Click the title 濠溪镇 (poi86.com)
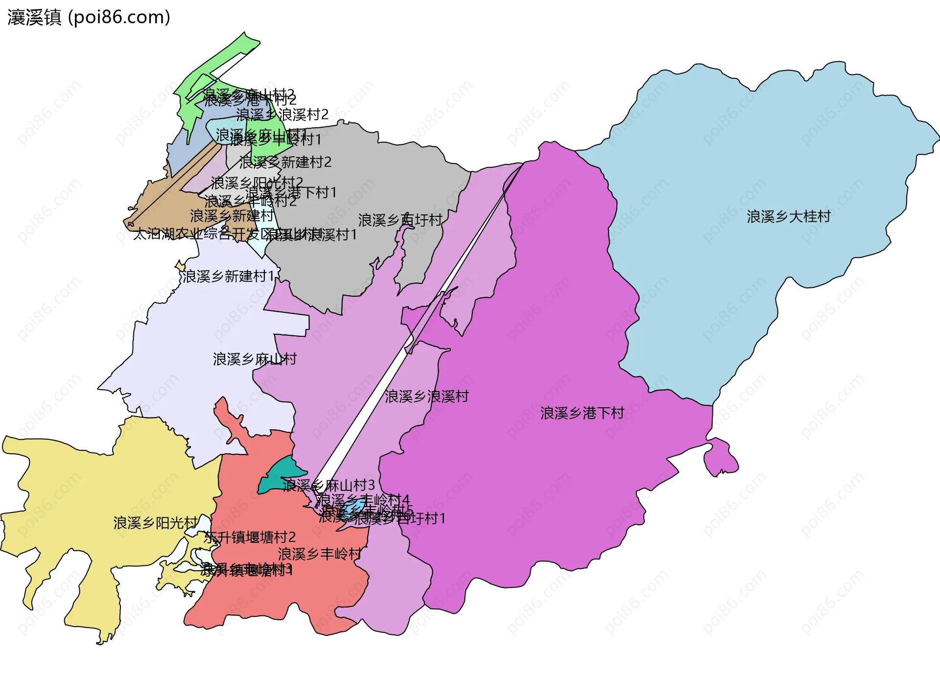tap(89, 17)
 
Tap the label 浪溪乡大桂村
tap(788, 216)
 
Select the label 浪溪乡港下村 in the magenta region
tap(582, 413)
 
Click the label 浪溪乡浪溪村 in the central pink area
tap(426, 396)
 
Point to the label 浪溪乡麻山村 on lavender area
tap(255, 359)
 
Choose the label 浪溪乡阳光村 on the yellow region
tap(156, 523)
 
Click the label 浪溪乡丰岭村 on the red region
tap(319, 554)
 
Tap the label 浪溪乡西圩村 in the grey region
tap(400, 220)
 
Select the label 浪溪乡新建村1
tap(228, 277)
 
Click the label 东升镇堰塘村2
tap(250, 537)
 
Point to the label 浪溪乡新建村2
tap(285, 162)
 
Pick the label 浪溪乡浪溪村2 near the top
tap(282, 115)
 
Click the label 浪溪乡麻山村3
tap(329, 485)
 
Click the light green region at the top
tap(215, 64)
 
